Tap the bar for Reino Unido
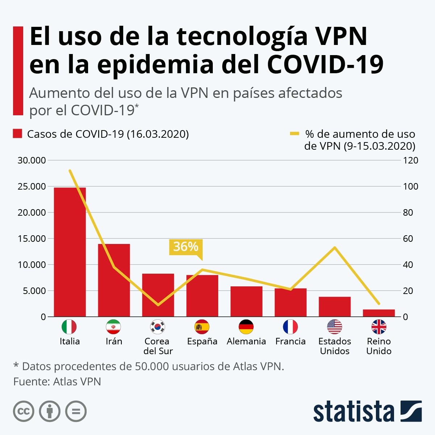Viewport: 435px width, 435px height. click(379, 313)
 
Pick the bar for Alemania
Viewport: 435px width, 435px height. click(246, 301)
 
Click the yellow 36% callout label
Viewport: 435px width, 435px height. click(186, 247)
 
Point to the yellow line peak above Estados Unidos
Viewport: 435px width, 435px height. click(335, 248)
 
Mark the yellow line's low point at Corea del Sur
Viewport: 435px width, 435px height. click(158, 304)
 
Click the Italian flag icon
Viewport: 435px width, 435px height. click(69, 327)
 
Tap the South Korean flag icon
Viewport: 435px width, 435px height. click(158, 327)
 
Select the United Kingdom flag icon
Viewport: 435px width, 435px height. click(379, 327)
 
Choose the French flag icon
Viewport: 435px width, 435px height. click(290, 327)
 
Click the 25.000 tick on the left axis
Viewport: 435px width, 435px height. click(32, 187)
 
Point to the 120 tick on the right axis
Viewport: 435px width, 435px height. click(410, 161)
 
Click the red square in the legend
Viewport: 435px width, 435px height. click(17, 134)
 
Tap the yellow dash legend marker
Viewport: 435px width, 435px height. click(295, 134)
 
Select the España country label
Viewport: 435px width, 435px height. click(202, 341)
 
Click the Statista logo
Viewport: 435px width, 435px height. click(367, 411)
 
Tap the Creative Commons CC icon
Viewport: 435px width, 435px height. click(24, 411)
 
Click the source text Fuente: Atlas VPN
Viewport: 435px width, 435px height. click(57, 382)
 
